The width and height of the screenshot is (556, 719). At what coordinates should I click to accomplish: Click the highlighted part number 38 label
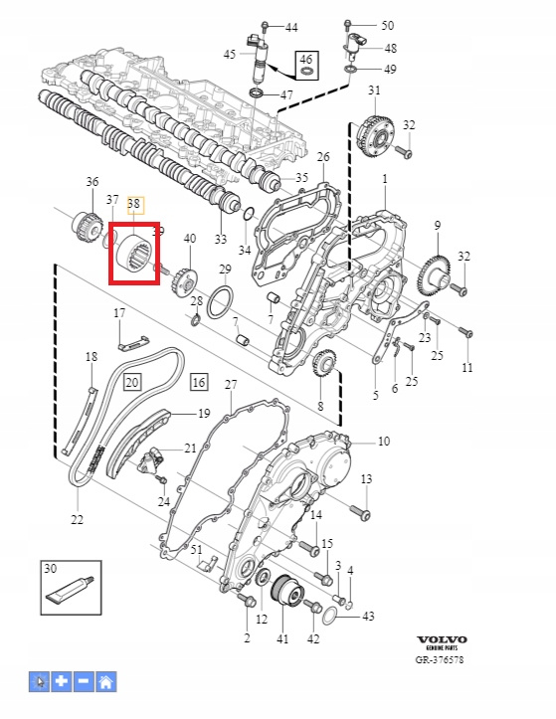click(133, 205)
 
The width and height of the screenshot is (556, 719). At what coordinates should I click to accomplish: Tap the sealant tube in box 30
click(70, 589)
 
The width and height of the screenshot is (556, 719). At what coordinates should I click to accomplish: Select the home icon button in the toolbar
click(105, 682)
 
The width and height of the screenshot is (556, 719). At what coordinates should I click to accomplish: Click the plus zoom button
click(61, 682)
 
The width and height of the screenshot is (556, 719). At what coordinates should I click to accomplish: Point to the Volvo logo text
click(442, 639)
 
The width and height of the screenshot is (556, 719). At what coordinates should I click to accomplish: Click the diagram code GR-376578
click(440, 660)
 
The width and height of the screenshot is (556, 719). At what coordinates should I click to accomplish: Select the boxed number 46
click(306, 65)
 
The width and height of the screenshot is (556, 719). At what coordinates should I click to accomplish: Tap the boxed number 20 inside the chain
click(132, 382)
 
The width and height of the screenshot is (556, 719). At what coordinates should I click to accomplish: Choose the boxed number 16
click(199, 382)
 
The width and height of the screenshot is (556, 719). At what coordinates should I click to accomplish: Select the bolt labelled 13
click(361, 512)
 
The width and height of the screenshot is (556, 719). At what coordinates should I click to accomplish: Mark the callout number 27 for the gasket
click(231, 384)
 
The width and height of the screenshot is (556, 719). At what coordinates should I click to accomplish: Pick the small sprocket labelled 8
click(325, 363)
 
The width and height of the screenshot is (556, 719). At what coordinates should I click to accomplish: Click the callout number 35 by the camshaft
click(301, 177)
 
